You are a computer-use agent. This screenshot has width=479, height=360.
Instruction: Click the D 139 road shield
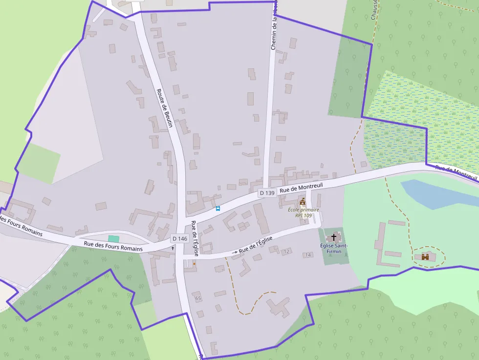[x=267, y=193]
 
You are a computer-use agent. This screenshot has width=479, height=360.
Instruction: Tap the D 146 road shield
[x=179, y=238]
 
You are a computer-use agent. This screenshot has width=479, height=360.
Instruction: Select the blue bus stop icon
[x=218, y=209]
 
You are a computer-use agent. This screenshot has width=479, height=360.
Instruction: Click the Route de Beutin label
[x=165, y=108]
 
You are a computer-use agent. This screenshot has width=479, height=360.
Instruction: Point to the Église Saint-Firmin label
[x=334, y=248]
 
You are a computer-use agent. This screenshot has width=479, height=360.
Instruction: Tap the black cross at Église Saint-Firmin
[x=334, y=237]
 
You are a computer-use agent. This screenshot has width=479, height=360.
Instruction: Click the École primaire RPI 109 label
[x=303, y=212]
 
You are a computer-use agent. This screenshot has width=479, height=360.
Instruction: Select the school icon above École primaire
[x=303, y=202]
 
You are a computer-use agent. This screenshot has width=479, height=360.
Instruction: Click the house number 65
[x=197, y=298]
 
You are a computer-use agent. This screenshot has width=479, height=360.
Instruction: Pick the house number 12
[x=286, y=251]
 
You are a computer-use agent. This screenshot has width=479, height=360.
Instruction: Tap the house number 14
[x=308, y=255]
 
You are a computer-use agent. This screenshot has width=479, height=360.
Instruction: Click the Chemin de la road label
[x=274, y=24]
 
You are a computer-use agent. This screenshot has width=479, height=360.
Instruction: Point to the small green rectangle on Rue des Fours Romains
[x=113, y=238]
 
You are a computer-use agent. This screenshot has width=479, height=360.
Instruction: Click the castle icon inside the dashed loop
[x=425, y=256]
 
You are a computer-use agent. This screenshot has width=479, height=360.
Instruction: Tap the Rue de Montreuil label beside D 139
[x=302, y=186]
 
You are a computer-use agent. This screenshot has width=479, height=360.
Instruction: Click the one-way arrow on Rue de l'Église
[x=235, y=252]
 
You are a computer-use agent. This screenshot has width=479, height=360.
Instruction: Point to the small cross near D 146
[x=173, y=248]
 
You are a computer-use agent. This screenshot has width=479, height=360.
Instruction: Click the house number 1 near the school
[x=305, y=222]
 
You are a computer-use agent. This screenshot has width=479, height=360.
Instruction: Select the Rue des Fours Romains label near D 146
[x=113, y=246]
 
